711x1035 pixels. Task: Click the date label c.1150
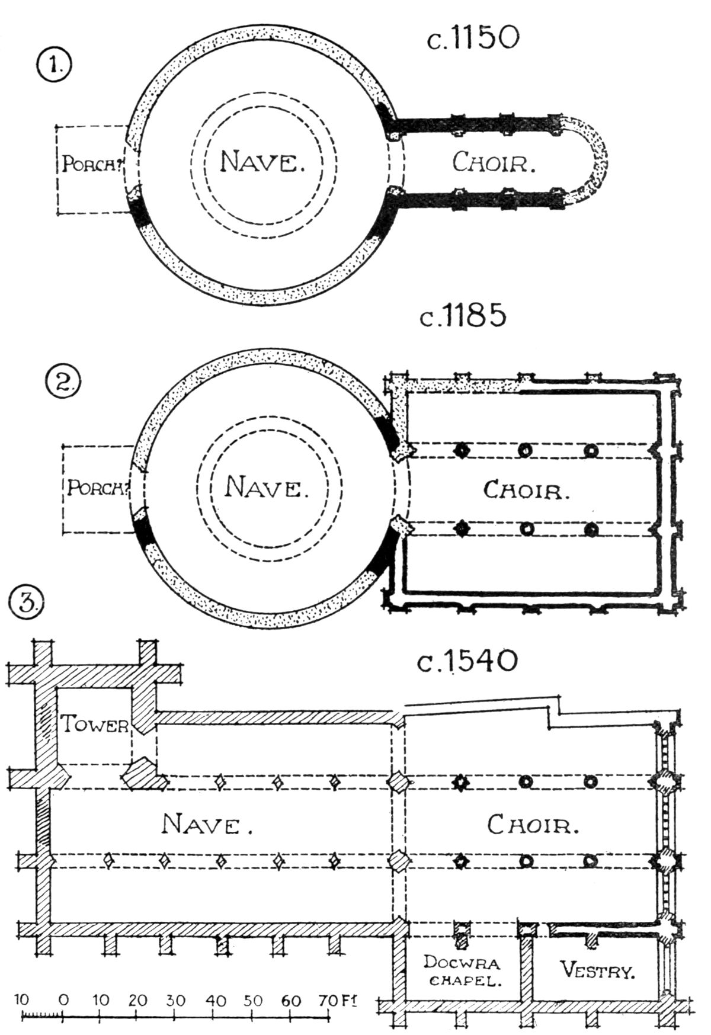(x=473, y=39)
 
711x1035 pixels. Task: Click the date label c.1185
(x=463, y=316)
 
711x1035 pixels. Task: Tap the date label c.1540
(x=467, y=661)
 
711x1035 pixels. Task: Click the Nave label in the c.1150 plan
(x=262, y=161)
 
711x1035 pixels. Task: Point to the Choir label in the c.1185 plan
(x=526, y=489)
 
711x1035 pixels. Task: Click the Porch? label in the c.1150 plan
(x=92, y=164)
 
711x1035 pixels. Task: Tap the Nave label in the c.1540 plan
(x=207, y=823)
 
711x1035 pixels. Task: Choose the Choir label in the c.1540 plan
(x=533, y=824)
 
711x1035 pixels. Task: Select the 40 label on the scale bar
(x=216, y=999)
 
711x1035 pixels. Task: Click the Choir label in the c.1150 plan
(x=494, y=162)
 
